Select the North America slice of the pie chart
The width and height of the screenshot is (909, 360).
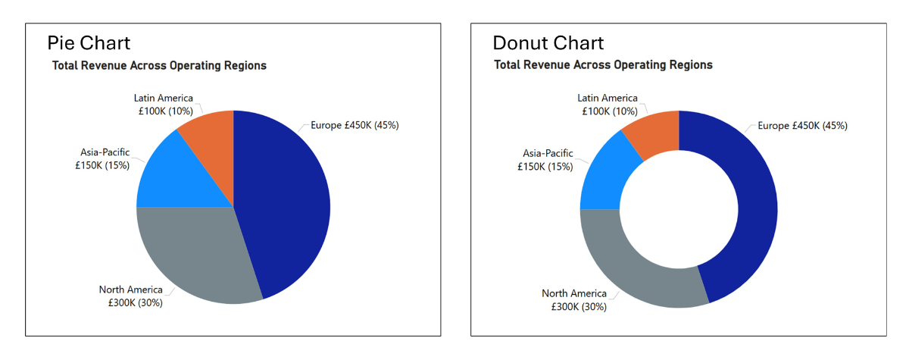click(x=201, y=258)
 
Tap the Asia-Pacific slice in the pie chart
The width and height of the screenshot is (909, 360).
click(x=178, y=178)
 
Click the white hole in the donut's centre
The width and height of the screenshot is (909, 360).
click(x=679, y=209)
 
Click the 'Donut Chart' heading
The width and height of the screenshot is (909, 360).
click(x=548, y=42)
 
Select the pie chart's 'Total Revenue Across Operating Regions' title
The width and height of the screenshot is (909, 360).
click(x=159, y=66)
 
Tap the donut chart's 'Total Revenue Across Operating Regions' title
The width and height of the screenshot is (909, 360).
click(x=603, y=65)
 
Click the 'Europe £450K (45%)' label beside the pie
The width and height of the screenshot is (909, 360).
click(x=355, y=125)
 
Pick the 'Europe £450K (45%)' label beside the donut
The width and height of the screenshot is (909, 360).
click(x=803, y=125)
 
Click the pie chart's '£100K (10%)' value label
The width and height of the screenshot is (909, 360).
click(x=164, y=111)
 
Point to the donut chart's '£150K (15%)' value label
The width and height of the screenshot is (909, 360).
click(x=546, y=166)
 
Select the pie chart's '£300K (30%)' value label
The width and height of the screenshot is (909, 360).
click(x=131, y=303)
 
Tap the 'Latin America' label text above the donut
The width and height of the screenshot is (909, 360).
click(x=608, y=98)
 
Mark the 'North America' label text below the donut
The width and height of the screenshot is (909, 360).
click(x=574, y=293)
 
